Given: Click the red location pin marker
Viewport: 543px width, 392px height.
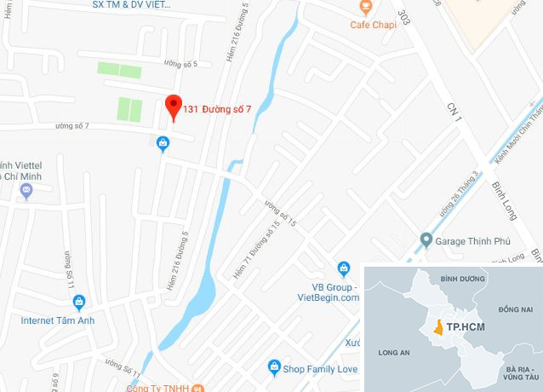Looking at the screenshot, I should (173, 106).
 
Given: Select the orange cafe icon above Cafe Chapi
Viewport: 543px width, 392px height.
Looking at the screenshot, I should (365, 7).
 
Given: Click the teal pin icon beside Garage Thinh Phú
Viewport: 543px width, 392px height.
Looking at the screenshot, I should (425, 239).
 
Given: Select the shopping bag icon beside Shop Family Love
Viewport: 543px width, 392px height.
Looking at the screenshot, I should (274, 368).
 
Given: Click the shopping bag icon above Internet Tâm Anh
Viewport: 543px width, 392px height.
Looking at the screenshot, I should (79, 302).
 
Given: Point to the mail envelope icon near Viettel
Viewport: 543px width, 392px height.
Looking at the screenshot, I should (26, 189).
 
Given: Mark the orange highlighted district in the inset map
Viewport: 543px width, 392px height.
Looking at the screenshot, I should (437, 326).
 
